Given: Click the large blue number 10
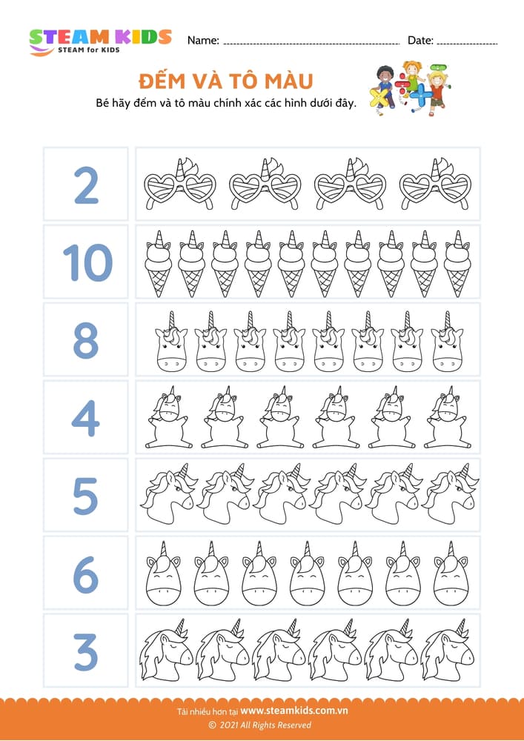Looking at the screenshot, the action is pos(87,263).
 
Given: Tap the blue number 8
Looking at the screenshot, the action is pos(85,340).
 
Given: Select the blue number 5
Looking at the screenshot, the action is pos(85,496).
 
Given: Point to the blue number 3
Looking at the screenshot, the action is pos(86,653).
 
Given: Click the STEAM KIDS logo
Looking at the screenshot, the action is pos(100,41).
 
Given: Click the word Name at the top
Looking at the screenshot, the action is pos(202,41).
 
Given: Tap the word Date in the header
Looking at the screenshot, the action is pos(420,41).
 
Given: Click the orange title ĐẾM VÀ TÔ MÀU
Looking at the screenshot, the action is pos(226,82).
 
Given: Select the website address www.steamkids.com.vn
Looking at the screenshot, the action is pos(294,711).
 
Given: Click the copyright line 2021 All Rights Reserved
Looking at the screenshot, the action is pos(260,725).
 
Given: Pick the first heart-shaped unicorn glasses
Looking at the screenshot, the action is pos(180,183).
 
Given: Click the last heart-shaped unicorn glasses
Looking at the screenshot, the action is pos(435,183).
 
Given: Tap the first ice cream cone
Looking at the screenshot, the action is pos(159,264).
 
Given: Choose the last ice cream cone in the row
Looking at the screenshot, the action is pos(457,264).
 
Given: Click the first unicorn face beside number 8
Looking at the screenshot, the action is pos(171,341).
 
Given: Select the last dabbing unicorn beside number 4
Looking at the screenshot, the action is pos(445,417).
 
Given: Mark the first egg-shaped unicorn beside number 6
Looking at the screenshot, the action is pos(164,574).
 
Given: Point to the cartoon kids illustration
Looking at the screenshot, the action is pos(410,88).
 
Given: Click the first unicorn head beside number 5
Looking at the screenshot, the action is pos(168,493).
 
